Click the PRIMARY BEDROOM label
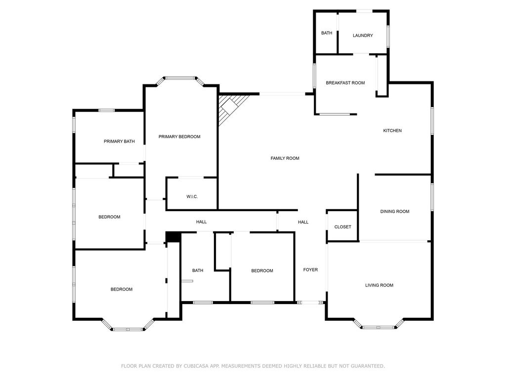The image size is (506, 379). coord(179,137)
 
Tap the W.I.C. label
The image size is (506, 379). coord(192,196)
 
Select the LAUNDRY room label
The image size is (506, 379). coord(363,36)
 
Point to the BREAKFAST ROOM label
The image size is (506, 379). coord(345,83)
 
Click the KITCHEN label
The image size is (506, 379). coord(392,130)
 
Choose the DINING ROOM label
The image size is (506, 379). coord(395,211)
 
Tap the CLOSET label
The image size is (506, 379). coord(343,227)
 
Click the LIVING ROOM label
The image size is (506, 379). coord(379,285)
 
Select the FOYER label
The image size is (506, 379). coord(310,270)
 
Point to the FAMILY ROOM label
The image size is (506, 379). coord(285,158)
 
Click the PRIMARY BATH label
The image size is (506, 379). coord(119,141)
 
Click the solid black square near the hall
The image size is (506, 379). coord(173,237)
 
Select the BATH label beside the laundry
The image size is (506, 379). coord(327,33)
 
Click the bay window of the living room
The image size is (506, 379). coord(379,326)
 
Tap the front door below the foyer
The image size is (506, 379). coord(310,303)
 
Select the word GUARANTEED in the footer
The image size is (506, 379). coord(366,366)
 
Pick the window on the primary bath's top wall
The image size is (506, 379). coord(107,111)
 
